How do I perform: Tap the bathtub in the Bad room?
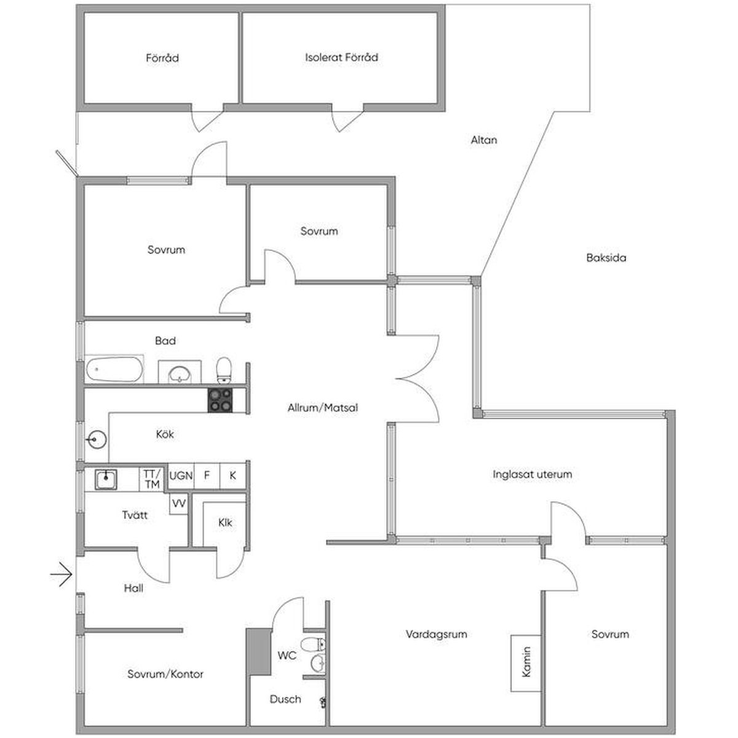pos(114,369)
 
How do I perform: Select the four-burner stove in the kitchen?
pos(220,400)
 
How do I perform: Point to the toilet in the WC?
pos(314,644)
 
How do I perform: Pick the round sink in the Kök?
pos(97,440)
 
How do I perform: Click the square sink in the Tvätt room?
pos(106,479)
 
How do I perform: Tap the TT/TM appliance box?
pos(152,478)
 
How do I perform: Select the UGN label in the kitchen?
pos(181,476)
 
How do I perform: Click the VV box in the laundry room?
pos(179,503)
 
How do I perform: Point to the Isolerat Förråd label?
pos(341,57)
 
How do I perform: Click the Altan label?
pos(484,140)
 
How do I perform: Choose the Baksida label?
pos(606,257)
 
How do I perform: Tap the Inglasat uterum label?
pos(533,474)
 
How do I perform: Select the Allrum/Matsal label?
pos(323,408)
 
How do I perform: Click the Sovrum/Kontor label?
pos(165,674)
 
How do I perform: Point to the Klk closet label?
pos(225,522)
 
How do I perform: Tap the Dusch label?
pos(285,699)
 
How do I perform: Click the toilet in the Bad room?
pos(224,371)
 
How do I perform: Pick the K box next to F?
pos(233,476)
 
